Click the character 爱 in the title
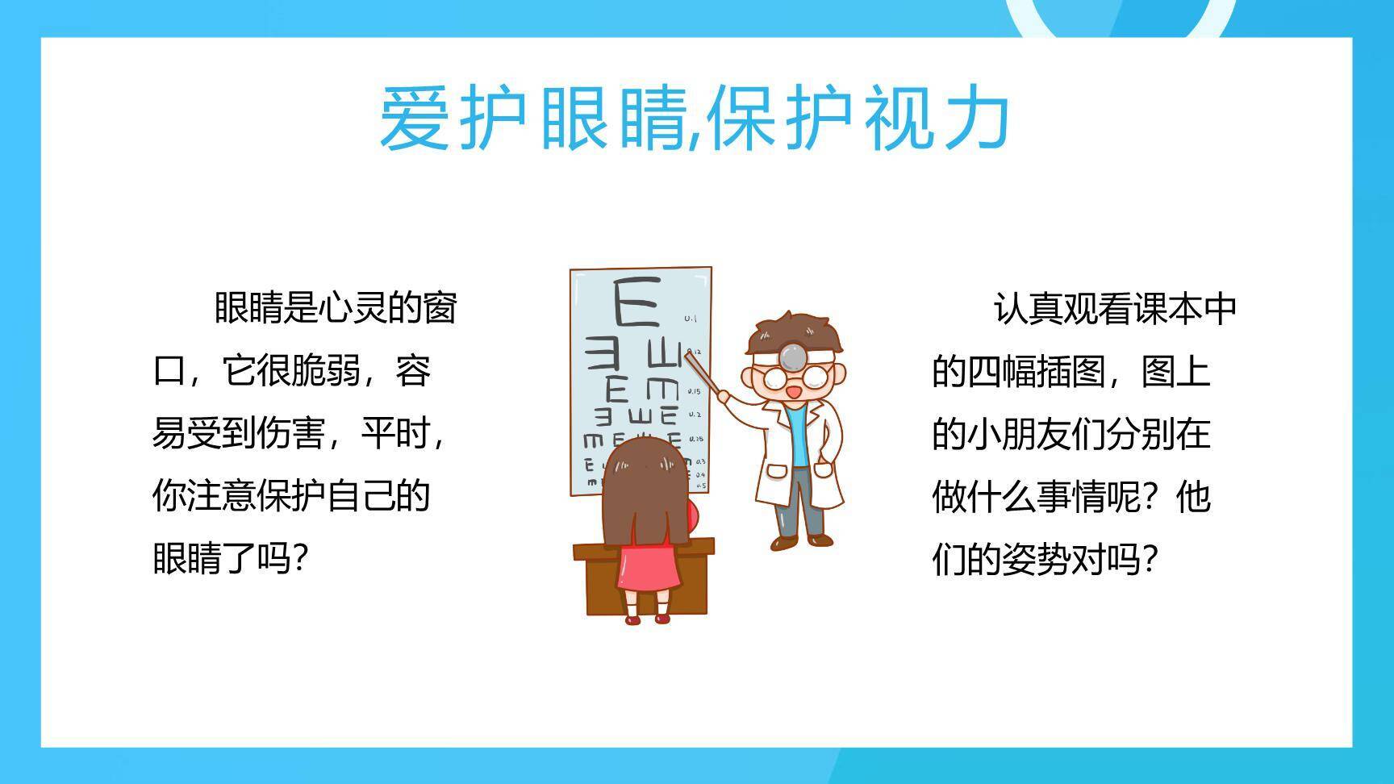click(414, 119)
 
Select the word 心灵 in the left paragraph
click(353, 308)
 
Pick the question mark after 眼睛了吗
click(300, 558)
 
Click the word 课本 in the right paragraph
click(1167, 309)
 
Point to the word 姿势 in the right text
click(1036, 559)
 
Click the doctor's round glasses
click(795, 377)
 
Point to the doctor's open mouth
click(794, 393)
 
